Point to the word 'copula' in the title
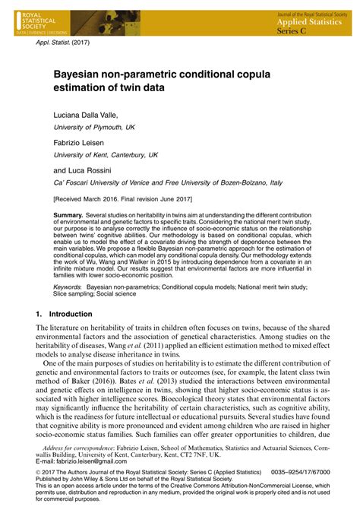(268, 77)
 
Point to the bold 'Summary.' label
(68, 216)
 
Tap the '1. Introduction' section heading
(65, 314)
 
